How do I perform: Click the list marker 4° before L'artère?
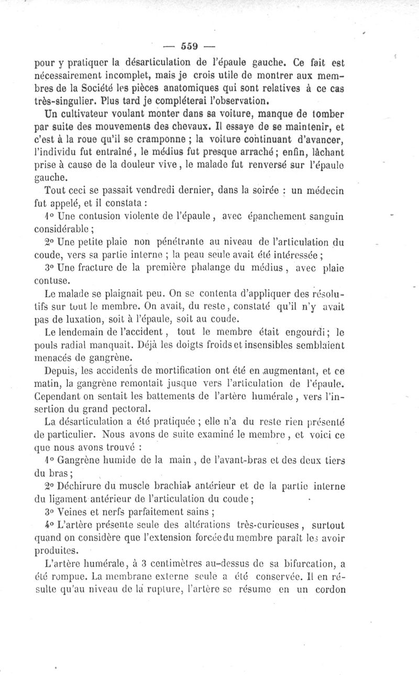pyautogui.click(x=49, y=523)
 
